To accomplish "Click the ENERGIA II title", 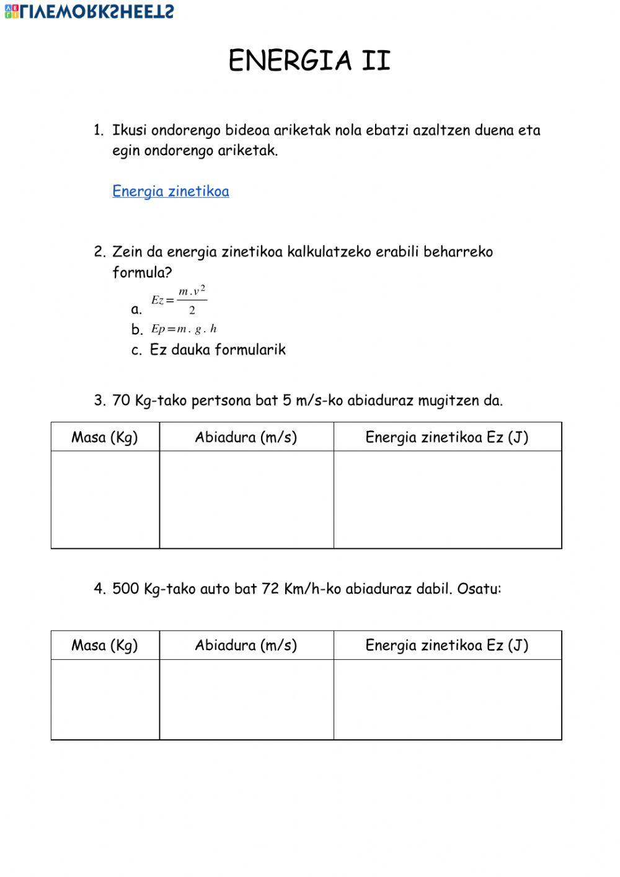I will coord(309,61).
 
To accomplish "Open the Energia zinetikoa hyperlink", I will coord(170,191).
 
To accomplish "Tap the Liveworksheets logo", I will coord(89,11).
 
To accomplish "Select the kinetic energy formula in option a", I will coord(179,301).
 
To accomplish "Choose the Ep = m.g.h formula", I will coord(184,329).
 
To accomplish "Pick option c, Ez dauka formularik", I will coord(217,350).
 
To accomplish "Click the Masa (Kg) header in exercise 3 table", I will coord(105,437).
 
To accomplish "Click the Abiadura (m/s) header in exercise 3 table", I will coord(246,437).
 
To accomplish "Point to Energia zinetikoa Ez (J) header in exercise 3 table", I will coord(447,437).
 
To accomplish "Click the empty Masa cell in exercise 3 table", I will coord(105,499).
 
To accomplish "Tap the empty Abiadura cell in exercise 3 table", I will coord(246,499).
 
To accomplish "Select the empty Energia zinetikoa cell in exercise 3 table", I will coord(447,499).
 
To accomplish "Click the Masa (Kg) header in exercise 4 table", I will coord(105,646).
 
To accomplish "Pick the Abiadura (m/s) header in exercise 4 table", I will coord(246,646).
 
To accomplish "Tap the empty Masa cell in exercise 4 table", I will coord(105,699).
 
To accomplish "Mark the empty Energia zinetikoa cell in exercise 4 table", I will coord(447,699).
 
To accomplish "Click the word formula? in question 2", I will coord(142,272).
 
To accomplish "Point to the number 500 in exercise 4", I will coord(126,589).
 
